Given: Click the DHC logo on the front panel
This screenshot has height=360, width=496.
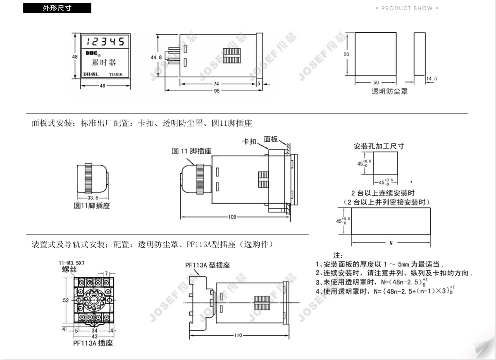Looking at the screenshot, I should pos(91,53).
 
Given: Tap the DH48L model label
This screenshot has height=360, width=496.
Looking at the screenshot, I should pos(91,75).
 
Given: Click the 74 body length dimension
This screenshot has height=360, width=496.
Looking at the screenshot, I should pos(216,83).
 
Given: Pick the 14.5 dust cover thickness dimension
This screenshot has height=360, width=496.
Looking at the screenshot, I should pos(432,79).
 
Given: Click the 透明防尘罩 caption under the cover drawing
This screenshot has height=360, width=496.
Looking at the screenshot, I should pos(389,91).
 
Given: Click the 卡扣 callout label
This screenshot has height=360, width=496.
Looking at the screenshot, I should pos(249,141).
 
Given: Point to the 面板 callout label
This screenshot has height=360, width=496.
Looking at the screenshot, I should pos(271,139).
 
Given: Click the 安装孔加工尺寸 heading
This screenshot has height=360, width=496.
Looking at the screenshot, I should pos(379,146).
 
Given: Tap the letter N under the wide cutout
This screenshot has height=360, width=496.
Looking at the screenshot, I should pos(391,243).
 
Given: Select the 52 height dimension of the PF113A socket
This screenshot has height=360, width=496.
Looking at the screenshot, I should pos(66,300).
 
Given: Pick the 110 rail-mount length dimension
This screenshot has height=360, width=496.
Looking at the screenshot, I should pos(238,335).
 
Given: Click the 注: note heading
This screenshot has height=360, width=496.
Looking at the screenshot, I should pos(338,256).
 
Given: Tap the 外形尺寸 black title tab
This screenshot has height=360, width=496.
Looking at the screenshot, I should pos(57,8).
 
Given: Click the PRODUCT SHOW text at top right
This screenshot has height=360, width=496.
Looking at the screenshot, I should pos(407,8).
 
